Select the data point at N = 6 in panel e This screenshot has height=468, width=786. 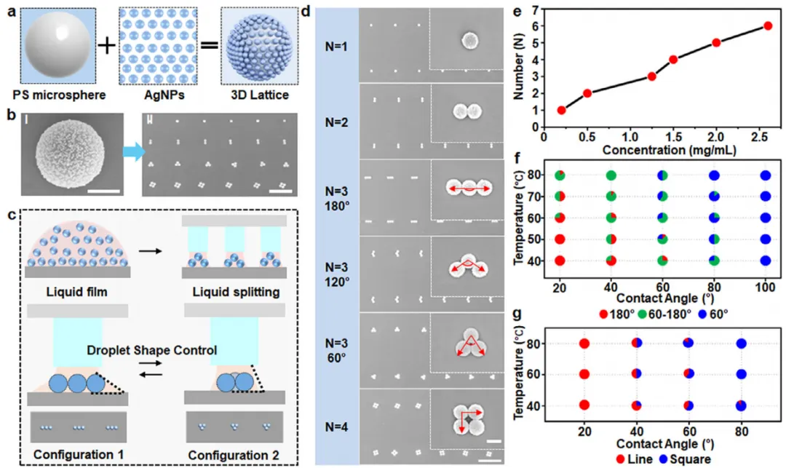pyautogui.click(x=768, y=25)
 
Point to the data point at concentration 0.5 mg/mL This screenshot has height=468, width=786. pyautogui.click(x=587, y=93)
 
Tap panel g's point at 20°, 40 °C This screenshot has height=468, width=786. pyautogui.click(x=584, y=405)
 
